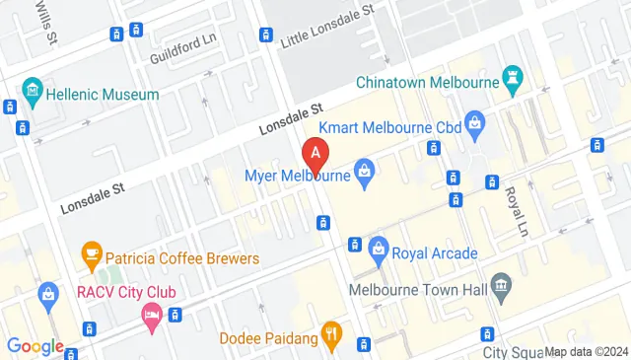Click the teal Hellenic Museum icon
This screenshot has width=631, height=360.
[x=33, y=94]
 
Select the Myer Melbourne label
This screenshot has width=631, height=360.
[x=298, y=177]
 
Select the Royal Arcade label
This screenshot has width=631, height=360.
[x=435, y=253]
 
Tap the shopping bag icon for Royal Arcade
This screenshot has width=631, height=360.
[x=378, y=253]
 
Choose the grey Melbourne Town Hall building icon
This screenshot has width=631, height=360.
[x=501, y=289]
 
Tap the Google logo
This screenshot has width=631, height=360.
[x=35, y=346]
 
